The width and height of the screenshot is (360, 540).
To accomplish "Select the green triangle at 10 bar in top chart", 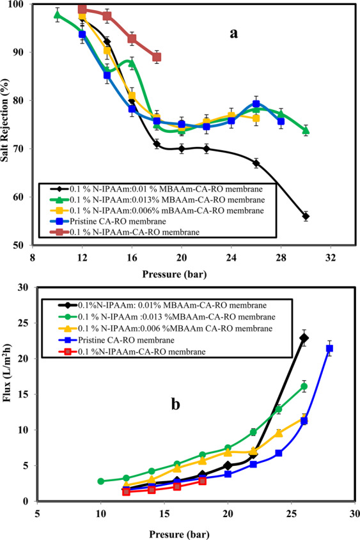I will coord(58,15).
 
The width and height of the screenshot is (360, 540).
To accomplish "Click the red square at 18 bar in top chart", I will coord(157,57).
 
